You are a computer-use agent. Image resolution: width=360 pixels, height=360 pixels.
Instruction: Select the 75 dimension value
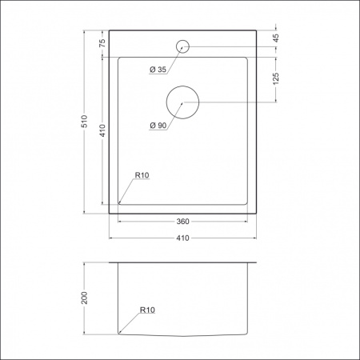tap(102, 44)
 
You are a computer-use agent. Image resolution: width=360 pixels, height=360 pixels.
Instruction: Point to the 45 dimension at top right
tap(276, 38)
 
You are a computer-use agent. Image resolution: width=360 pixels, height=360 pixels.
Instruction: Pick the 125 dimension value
tap(276, 79)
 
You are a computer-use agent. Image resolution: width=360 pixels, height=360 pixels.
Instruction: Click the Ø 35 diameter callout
tap(157, 70)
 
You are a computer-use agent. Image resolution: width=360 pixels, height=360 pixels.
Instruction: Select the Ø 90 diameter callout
tap(157, 126)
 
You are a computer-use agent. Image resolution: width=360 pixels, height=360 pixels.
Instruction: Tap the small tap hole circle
tap(182, 46)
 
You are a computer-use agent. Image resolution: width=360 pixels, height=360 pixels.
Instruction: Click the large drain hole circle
tap(182, 102)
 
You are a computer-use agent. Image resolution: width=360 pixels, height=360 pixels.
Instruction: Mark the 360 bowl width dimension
tap(183, 222)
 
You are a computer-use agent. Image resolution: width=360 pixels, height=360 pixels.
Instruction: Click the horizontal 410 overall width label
tap(183, 237)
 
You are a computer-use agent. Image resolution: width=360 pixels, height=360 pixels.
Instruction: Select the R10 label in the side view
tap(147, 308)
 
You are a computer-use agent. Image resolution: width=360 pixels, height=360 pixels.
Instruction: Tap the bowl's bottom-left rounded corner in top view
tap(120, 203)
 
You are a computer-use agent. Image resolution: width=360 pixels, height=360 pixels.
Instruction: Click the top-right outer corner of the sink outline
tap(256, 31)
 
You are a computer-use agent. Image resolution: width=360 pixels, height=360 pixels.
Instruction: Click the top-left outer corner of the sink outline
tap(110, 31)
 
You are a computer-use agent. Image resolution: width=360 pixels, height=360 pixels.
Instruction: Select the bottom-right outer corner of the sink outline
tap(256, 213)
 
